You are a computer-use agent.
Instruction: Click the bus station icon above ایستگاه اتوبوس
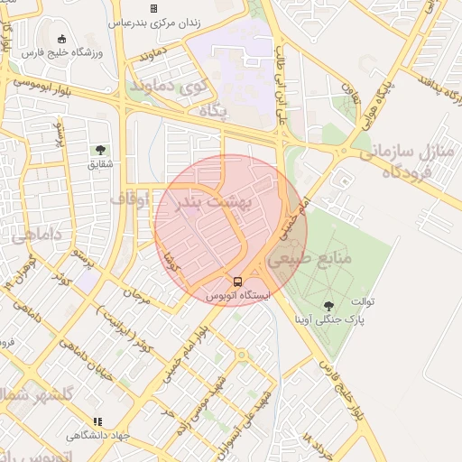[237, 282]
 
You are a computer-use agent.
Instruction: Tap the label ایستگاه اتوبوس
[237, 296]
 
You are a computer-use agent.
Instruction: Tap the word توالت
[363, 300]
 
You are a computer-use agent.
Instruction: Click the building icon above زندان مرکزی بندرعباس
[153, 8]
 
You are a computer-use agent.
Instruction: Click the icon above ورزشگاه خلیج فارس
[61, 38]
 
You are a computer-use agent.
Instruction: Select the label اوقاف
[128, 197]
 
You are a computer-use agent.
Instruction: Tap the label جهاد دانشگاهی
[97, 435]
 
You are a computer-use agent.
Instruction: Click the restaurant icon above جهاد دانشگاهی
[97, 420]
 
